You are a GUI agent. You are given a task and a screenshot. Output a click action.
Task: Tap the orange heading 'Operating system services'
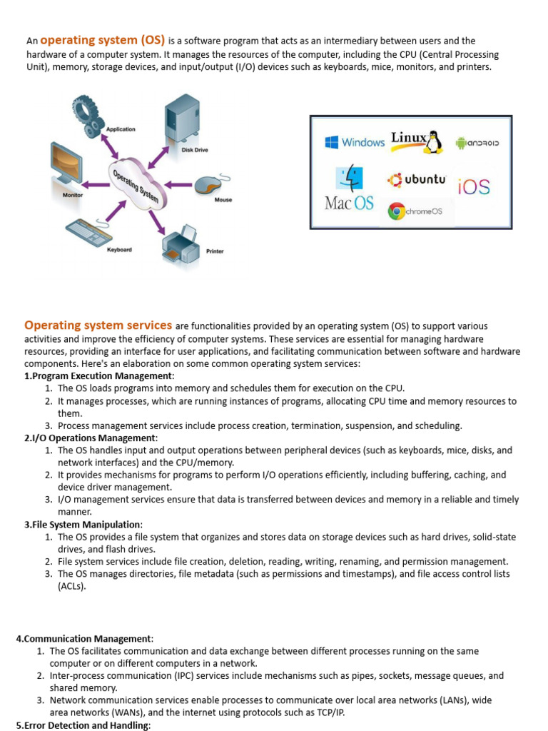98,326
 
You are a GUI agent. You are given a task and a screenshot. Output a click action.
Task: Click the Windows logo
355,142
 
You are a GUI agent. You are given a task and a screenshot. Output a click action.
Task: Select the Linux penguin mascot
433,141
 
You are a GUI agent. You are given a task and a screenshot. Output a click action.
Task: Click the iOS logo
474,187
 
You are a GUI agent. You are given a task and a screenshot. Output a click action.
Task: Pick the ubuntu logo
417,180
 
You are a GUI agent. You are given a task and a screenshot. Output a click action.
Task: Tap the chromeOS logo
415,211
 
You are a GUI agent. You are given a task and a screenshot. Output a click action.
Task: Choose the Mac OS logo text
349,203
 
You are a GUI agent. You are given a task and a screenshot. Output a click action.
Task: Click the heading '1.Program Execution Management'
98,375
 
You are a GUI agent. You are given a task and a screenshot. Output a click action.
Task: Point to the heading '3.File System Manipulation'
83,524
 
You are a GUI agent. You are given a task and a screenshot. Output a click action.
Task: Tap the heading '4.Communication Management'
84,638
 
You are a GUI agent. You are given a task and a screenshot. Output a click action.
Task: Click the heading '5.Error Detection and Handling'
83,725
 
